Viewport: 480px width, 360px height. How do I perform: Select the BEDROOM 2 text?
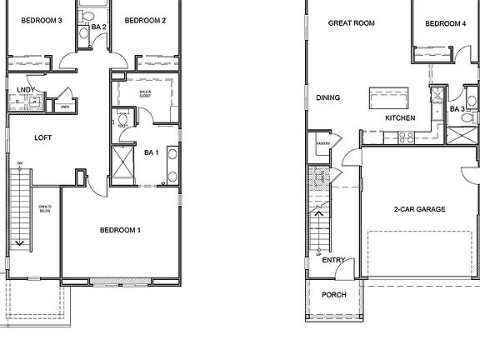click(x=145, y=20)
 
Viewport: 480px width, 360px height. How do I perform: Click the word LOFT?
click(x=43, y=137)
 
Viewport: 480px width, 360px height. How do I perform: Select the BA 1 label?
click(x=152, y=152)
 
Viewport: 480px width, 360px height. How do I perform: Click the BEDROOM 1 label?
click(x=120, y=229)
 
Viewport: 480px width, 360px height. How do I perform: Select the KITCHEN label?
click(x=400, y=118)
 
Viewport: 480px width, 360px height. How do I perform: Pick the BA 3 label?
click(x=457, y=109)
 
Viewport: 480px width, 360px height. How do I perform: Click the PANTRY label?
click(x=323, y=143)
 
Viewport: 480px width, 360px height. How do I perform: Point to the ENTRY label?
click(x=333, y=260)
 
